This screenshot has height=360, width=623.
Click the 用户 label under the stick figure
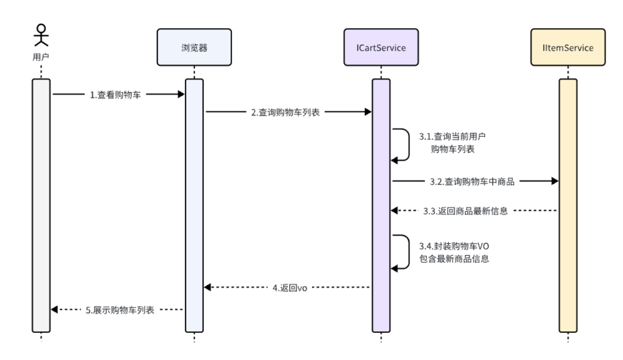coord(41,57)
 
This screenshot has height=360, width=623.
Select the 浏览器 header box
coord(194,48)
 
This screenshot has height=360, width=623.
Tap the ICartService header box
coord(381,48)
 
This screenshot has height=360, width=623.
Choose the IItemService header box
coord(568,48)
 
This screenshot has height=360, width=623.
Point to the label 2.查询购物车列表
coord(285,112)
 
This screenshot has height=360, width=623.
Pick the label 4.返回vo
coord(289,288)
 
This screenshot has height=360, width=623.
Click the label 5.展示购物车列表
coord(120,310)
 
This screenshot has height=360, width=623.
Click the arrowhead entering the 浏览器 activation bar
coord(181,94)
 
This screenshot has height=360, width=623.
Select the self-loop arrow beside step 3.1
coord(403,144)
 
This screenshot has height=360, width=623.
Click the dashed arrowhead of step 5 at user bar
coord(55,309)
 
